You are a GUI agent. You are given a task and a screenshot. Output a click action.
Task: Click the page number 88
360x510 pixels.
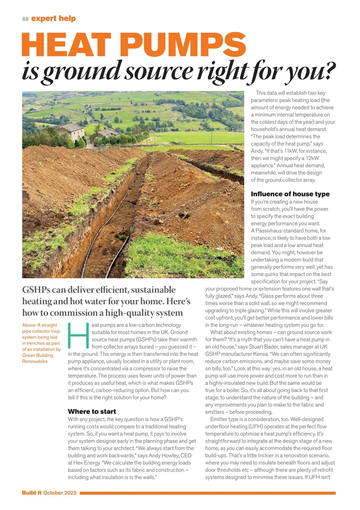pyautogui.click(x=25, y=19)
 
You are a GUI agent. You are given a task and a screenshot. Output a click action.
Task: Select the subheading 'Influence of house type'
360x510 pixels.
pyautogui.click(x=290, y=194)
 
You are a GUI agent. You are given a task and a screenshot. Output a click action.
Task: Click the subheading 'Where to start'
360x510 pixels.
pyautogui.click(x=92, y=411)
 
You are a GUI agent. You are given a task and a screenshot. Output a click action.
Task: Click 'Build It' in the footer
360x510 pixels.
pyautogui.click(x=31, y=493)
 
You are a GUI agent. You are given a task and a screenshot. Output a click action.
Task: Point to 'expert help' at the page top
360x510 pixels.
pyautogui.click(x=53, y=19)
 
